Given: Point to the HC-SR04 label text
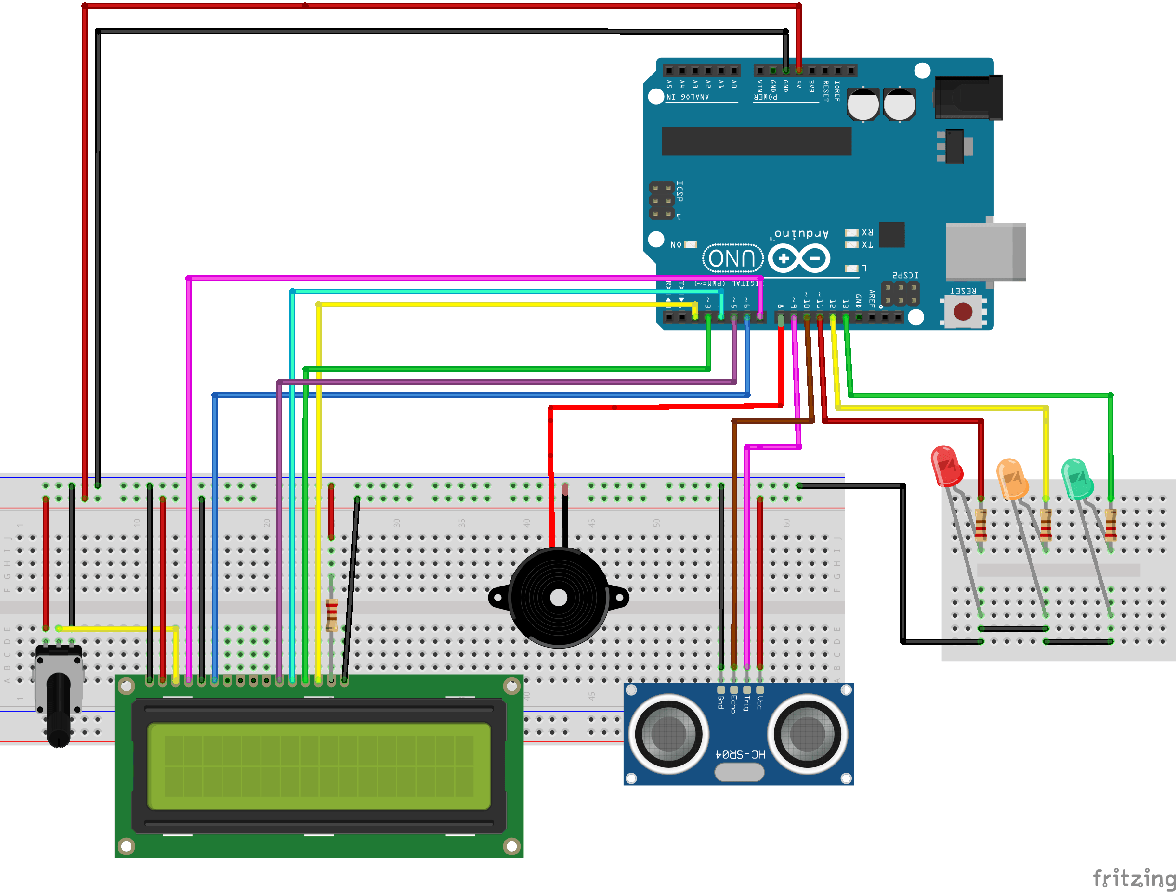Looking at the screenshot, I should tap(741, 754).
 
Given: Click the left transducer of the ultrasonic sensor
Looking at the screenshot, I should tap(669, 734).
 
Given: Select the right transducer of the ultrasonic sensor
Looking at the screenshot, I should tap(807, 735).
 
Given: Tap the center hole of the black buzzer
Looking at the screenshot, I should tap(558, 598).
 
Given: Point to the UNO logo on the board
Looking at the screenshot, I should tap(732, 259).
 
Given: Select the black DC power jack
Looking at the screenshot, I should tap(967, 98).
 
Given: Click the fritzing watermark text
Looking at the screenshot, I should tap(1132, 878).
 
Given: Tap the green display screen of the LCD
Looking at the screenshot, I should tap(318, 765).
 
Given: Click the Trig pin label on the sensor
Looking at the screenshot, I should tap(746, 703).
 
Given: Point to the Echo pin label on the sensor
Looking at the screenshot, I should tap(733, 704).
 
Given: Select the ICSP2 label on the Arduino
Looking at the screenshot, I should tap(905, 275).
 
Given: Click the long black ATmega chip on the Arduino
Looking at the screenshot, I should tap(756, 141).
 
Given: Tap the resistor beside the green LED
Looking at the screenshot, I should tap(1110, 524).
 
